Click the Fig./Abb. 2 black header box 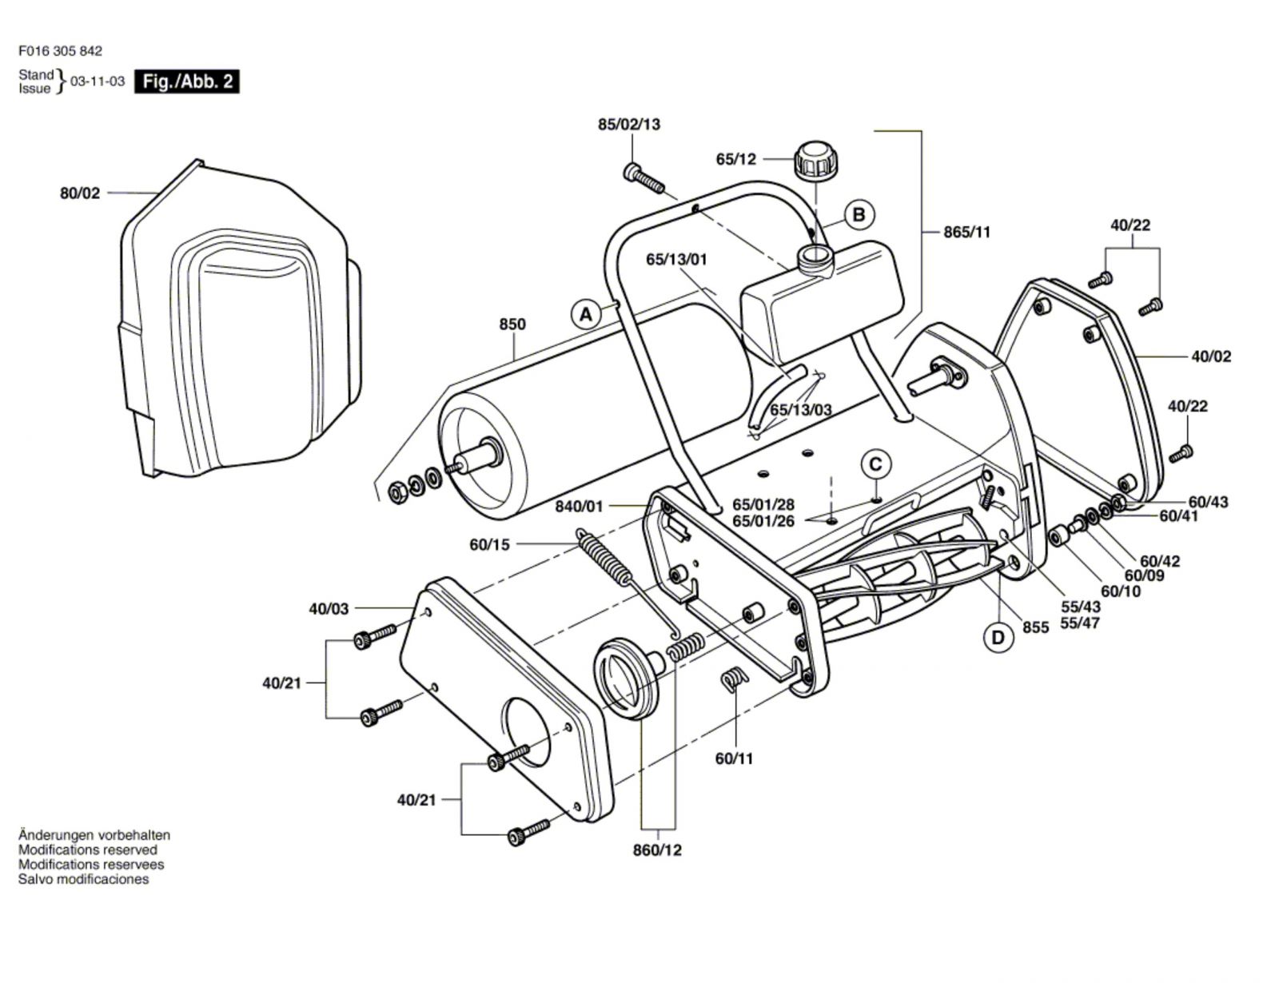(x=186, y=82)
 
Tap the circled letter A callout (x=586, y=315)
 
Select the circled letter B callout (x=859, y=215)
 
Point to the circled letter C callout (x=876, y=465)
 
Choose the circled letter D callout (x=998, y=638)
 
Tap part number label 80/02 (x=80, y=193)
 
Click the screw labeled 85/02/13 (x=643, y=179)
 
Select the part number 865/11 (x=967, y=232)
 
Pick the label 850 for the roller (x=512, y=324)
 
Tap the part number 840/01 (x=580, y=506)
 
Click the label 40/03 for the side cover (x=329, y=608)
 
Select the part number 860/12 (x=657, y=850)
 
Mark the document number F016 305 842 (x=60, y=51)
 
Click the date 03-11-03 (x=98, y=82)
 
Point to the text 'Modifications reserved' (x=88, y=850)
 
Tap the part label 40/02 (x=1211, y=356)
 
